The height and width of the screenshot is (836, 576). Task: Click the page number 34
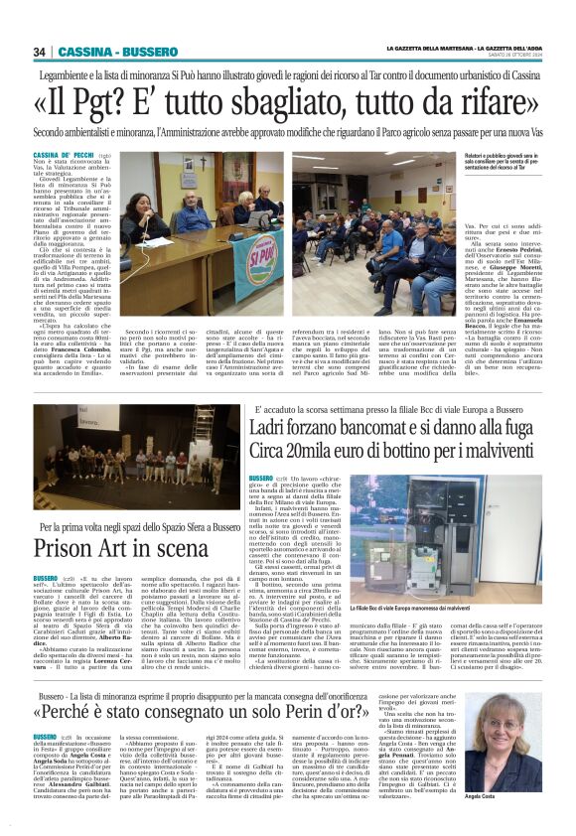coord(39,52)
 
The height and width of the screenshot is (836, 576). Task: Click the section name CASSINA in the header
coord(82,52)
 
